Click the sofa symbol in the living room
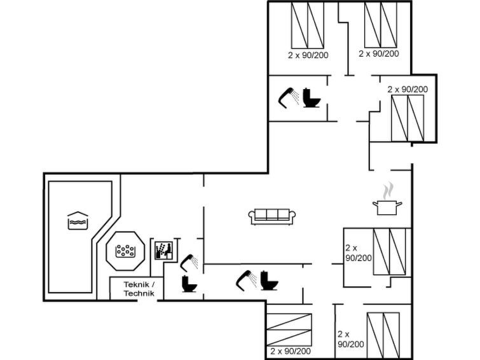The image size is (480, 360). point(272,217)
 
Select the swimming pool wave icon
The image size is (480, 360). point(78,221)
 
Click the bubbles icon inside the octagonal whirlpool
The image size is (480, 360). point(125,251)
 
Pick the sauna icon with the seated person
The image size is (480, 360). point(163,251)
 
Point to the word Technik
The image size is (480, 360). point(139,293)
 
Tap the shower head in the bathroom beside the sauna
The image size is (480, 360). point(189,263)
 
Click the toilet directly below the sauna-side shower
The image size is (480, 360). point(189,284)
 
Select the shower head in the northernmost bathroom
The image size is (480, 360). point(289,98)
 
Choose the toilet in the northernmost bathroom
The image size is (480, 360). point(312,98)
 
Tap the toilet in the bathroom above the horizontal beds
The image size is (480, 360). point(269,280)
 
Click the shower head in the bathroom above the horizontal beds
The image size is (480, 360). point(246,280)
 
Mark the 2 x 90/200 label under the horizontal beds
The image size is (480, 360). point(291,351)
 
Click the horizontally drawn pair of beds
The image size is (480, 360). point(289,329)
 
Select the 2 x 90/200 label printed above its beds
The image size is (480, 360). point(408,90)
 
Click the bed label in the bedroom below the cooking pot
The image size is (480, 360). point(359,253)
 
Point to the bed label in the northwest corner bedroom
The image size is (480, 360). point(308,55)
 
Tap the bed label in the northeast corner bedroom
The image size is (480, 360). point(379,53)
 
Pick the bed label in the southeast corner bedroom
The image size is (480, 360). point(351,339)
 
